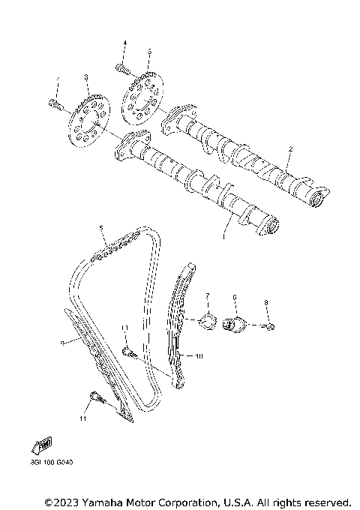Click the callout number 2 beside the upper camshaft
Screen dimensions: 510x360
point(290,149)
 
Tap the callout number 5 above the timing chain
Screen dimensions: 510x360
point(100,227)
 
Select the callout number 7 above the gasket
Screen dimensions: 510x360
point(208,297)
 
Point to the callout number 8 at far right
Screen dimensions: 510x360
point(265,302)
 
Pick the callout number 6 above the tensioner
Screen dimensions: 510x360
point(235,298)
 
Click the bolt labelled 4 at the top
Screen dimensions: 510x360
point(122,69)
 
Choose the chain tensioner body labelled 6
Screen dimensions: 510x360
point(235,325)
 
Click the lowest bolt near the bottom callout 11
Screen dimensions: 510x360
point(94,397)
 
